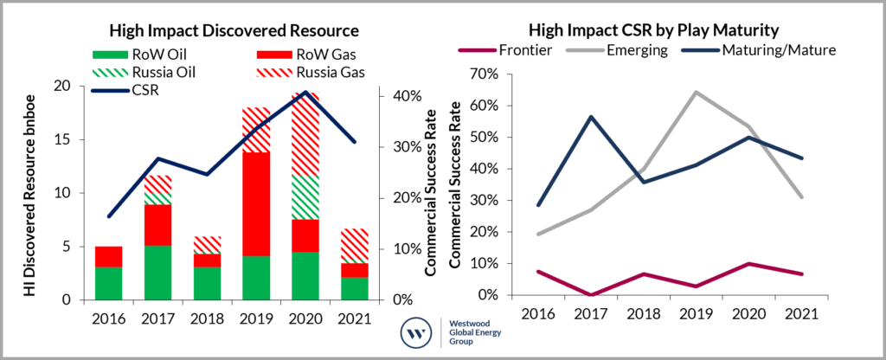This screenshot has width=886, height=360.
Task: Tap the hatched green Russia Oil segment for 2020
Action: [305, 197]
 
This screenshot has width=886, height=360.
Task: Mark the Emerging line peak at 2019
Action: [693, 92]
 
